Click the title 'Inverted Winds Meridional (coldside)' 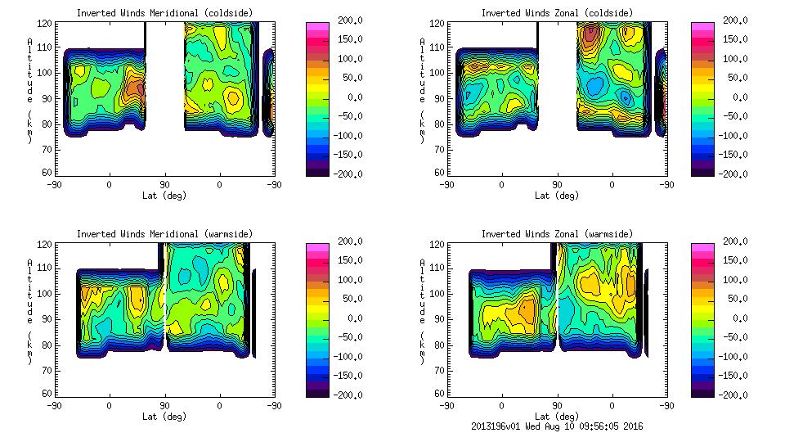(x=164, y=13)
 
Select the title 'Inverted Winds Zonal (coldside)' (x=557, y=13)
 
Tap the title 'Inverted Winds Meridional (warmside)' (x=164, y=234)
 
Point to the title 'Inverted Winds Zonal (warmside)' (x=557, y=234)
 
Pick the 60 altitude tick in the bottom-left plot (x=48, y=394)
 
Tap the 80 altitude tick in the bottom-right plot (x=441, y=345)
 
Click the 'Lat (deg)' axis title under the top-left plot (x=164, y=196)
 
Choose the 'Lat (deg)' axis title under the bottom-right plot (x=557, y=417)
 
